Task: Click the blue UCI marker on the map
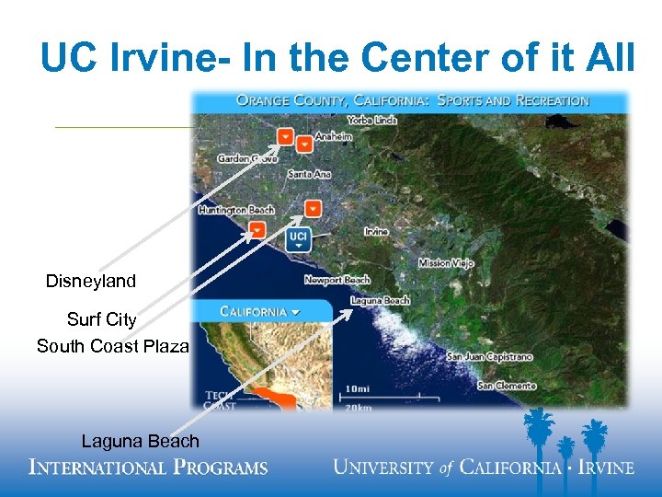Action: coord(298,239)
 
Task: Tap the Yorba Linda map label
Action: coord(372,121)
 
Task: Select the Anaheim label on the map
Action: coord(333,137)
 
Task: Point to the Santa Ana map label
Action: coord(308,174)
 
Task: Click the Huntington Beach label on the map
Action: coord(236,210)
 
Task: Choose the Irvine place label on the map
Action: coord(376,232)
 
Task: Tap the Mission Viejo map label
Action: coord(446,263)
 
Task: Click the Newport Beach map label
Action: coord(337,280)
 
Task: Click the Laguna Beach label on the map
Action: coord(380,301)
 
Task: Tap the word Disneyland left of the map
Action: coord(91,282)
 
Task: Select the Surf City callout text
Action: coord(101,320)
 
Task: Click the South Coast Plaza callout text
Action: coord(112,347)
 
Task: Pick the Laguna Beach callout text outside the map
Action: coord(140,442)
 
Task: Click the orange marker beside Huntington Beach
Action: coord(258,229)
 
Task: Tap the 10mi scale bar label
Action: coord(360,388)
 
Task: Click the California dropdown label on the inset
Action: coord(261,311)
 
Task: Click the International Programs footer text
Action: coord(148,467)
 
